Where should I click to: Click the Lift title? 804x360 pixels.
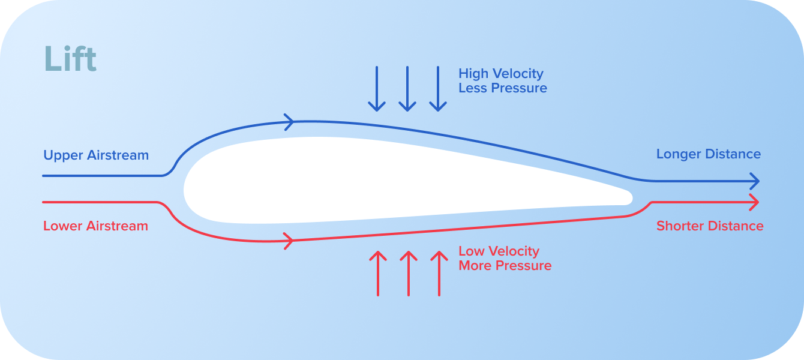(x=70, y=59)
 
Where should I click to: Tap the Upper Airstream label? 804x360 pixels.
(x=96, y=155)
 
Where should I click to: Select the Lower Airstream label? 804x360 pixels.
(x=95, y=226)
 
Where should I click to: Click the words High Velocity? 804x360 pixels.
(x=501, y=74)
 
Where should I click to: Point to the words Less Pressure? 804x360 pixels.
(x=503, y=88)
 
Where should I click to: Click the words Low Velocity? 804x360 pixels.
(x=499, y=251)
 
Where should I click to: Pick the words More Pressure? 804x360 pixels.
(x=505, y=266)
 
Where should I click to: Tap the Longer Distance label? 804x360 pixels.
(x=709, y=154)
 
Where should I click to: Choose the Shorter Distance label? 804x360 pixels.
(x=710, y=226)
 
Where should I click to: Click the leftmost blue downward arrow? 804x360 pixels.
(x=377, y=89)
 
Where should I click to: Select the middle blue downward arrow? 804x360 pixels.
(x=407, y=89)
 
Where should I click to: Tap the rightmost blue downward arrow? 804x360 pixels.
(x=438, y=89)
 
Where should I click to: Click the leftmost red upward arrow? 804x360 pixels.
(x=378, y=273)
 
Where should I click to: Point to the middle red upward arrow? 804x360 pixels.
(x=409, y=273)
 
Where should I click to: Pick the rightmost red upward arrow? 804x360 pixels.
(x=439, y=273)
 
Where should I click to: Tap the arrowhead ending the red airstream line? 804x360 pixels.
(x=755, y=202)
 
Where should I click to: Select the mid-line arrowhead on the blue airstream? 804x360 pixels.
(x=289, y=122)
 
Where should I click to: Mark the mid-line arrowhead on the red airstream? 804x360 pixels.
(x=289, y=241)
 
